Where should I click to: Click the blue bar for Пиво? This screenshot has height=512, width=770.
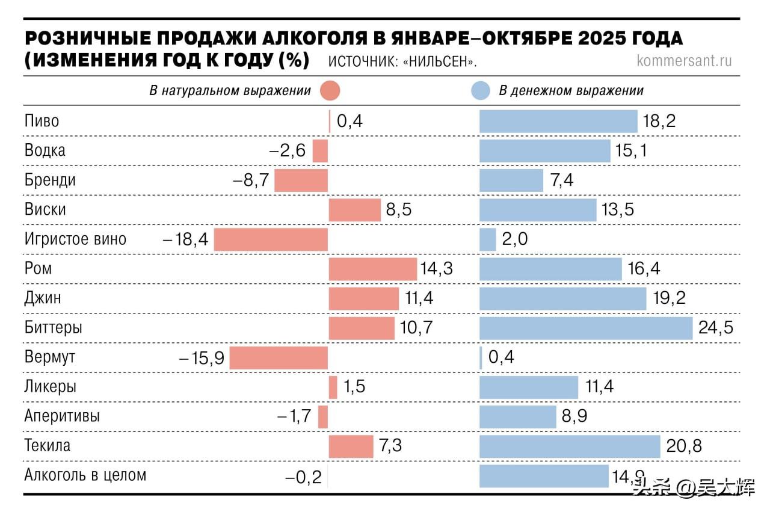[558, 122]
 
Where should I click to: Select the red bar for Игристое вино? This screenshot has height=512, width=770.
[271, 239]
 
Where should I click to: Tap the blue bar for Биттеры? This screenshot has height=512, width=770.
[586, 328]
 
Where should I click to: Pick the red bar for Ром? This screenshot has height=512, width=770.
[372, 269]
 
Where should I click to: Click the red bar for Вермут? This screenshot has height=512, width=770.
[279, 358]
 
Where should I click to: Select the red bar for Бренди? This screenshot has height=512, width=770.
[301, 180]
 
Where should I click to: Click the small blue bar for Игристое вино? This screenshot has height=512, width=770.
[487, 239]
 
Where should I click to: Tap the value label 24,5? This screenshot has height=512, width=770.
[716, 328]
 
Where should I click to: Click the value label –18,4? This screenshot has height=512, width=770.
[186, 239]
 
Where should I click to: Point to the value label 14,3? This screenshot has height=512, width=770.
[437, 269]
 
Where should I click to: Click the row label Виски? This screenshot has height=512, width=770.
[45, 210]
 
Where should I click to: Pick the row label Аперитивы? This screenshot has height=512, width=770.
[62, 416]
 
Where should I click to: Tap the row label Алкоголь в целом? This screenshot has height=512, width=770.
[85, 475]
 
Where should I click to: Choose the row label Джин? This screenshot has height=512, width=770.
[43, 298]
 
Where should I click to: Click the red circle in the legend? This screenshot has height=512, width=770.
[330, 91]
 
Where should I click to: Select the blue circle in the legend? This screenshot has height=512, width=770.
[479, 91]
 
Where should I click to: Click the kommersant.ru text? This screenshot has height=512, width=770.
[684, 61]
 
